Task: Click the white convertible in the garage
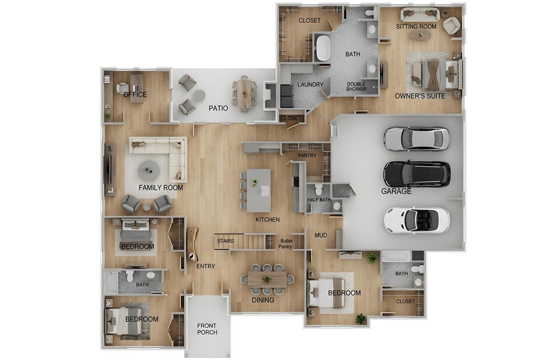416,219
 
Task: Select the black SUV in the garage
416,174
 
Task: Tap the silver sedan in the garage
416,138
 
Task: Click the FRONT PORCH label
207,328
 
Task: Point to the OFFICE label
135,95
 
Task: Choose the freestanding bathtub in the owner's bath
323,49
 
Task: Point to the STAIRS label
225,241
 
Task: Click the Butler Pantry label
286,244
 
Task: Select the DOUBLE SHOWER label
356,87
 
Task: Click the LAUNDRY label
310,84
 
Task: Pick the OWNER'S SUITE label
420,96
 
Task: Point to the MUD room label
321,235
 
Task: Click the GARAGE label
396,192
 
